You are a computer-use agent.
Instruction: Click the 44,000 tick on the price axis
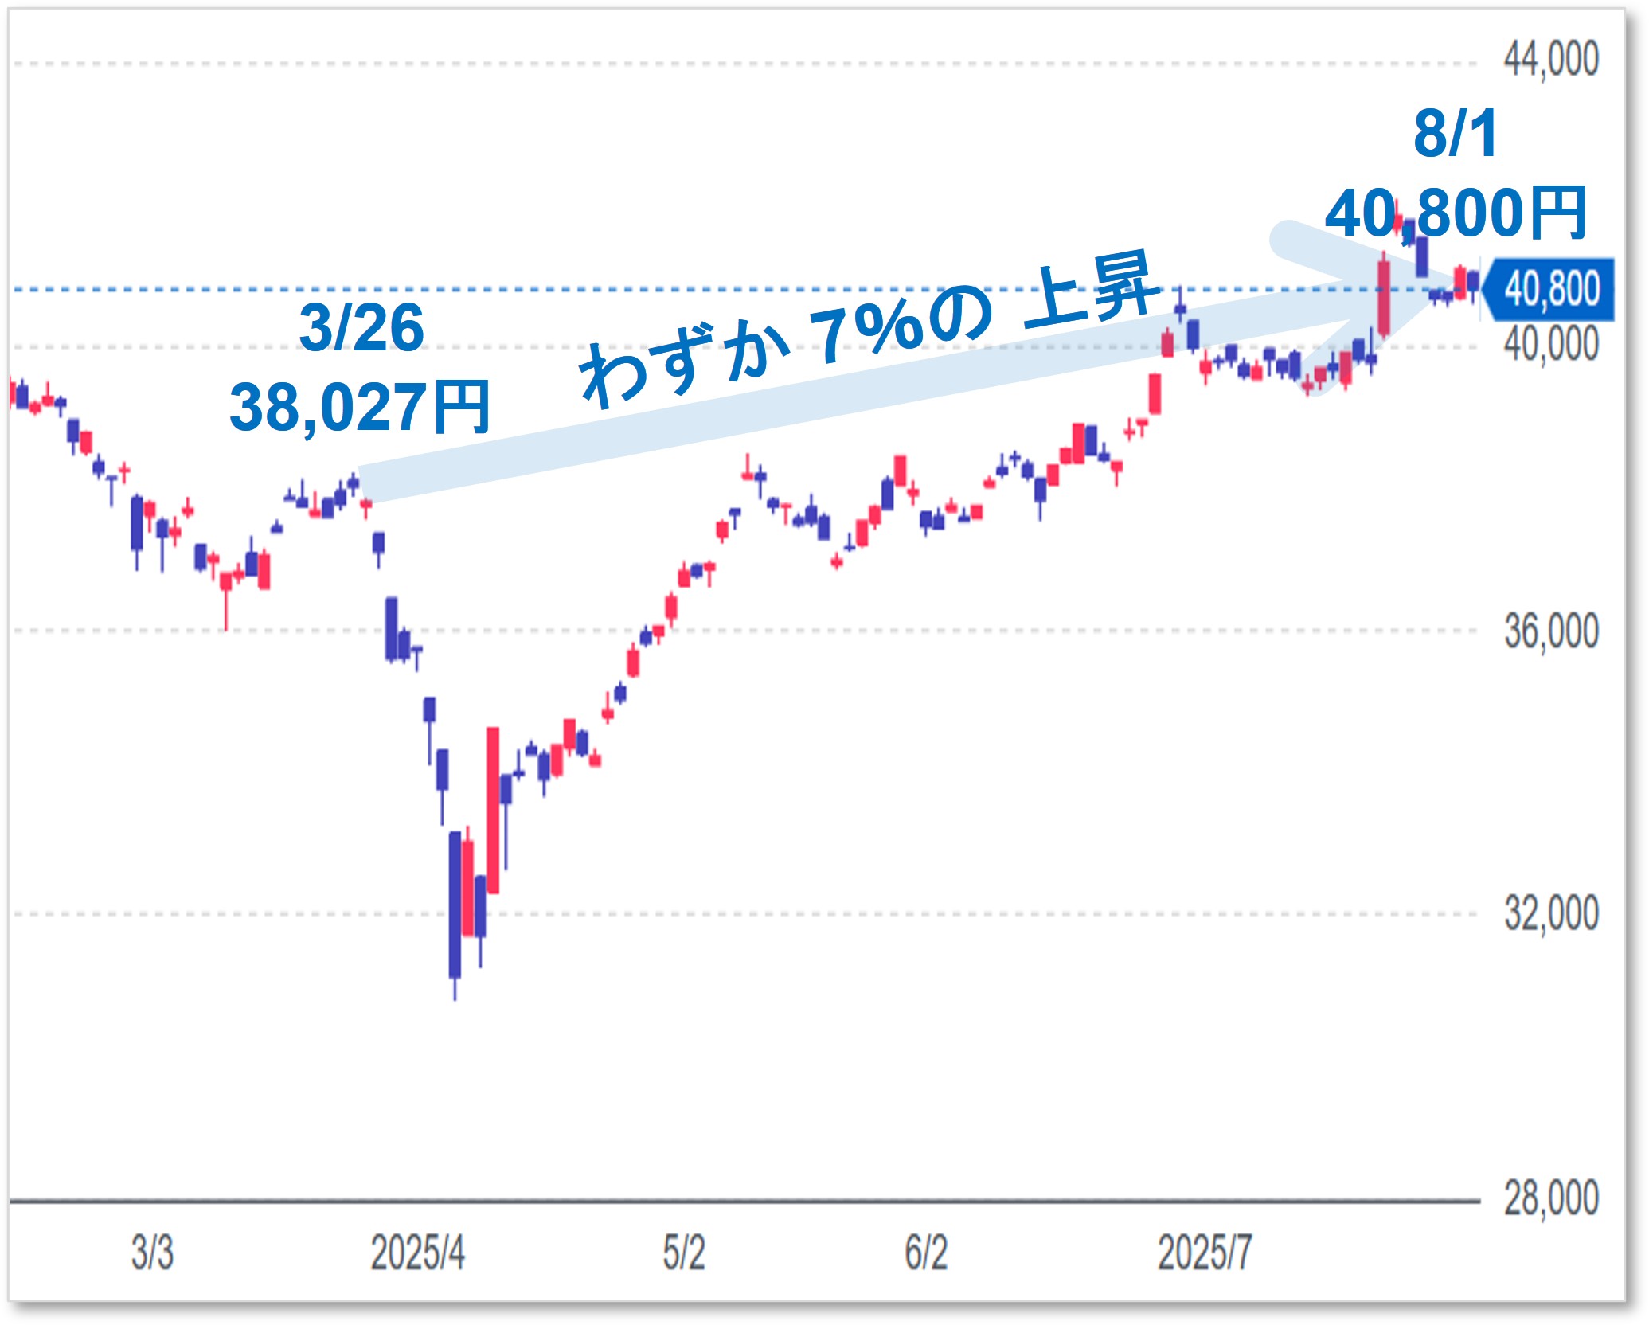point(1550,61)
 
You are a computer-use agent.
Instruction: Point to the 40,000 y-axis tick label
point(1550,345)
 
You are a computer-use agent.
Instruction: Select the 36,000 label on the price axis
point(1550,632)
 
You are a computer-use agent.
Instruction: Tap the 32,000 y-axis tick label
point(1550,913)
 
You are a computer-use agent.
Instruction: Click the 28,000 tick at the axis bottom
point(1550,1199)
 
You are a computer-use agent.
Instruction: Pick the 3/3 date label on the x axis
point(152,1253)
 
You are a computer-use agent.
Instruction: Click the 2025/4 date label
point(417,1253)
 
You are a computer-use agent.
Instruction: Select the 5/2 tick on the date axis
point(684,1253)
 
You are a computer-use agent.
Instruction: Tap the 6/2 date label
point(926,1253)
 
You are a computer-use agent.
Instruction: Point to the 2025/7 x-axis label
point(1204,1253)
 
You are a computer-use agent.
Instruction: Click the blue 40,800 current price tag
point(1550,289)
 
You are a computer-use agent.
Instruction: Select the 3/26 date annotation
point(361,328)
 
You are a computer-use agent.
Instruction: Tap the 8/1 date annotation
point(1456,134)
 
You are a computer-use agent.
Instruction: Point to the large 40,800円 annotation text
point(1456,213)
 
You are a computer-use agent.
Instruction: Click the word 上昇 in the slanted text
point(1091,291)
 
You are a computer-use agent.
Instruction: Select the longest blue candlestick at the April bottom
point(455,905)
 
